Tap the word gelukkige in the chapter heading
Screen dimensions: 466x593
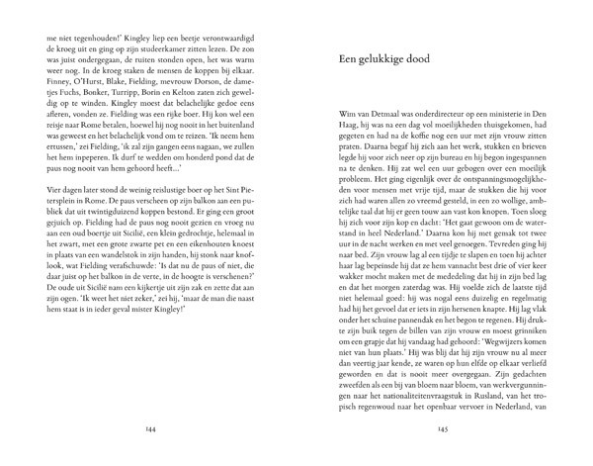click(x=387, y=58)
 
